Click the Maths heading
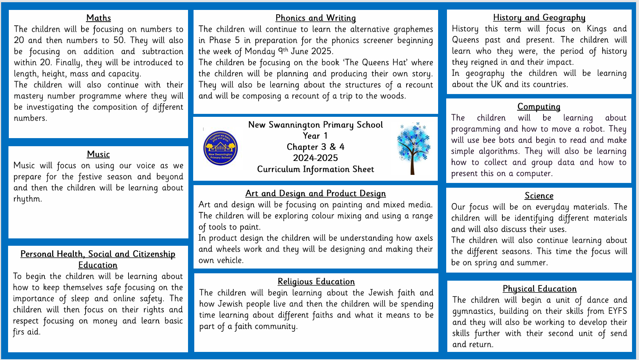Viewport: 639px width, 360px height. coord(98,18)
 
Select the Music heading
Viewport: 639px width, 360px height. coord(98,154)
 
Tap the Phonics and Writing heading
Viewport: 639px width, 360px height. coord(315,18)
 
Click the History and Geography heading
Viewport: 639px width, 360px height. coord(539,18)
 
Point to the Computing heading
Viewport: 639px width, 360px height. coord(539,107)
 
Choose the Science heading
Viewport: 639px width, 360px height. coord(539,196)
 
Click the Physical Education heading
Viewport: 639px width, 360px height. coord(539,289)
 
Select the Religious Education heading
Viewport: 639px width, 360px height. coord(316,282)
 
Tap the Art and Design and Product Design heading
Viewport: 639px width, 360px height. coord(315,194)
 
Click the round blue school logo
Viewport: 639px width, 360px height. coord(221,148)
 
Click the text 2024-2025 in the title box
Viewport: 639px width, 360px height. coord(315,158)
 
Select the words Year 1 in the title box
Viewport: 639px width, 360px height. coord(315,136)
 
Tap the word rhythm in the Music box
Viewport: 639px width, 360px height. coord(27,199)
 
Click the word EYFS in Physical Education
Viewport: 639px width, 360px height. coord(617,311)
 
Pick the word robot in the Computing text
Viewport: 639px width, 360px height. coord(593,129)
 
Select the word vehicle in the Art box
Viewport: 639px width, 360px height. coord(231,260)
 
